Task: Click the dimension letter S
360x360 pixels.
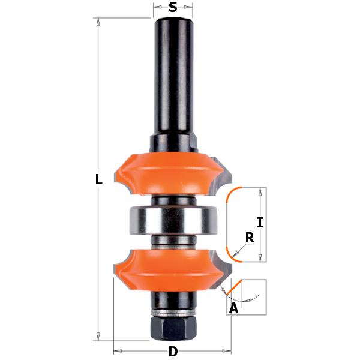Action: tap(173, 7)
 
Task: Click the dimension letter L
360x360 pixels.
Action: tap(100, 179)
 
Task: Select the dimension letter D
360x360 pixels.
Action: tap(173, 351)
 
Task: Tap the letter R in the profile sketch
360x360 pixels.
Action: tap(250, 238)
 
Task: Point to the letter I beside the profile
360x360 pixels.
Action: tap(260, 223)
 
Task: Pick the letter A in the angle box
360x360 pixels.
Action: tap(234, 308)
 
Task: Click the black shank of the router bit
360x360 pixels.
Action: tap(173, 78)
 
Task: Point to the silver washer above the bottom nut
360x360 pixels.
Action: tap(173, 313)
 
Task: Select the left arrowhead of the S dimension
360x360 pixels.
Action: tap(155, 7)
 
